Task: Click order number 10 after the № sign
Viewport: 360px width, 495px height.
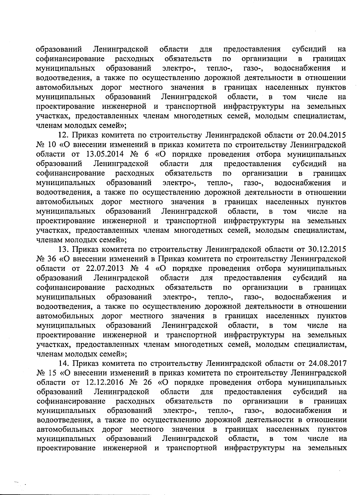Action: click(x=52, y=145)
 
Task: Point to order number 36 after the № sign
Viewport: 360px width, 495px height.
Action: click(x=52, y=259)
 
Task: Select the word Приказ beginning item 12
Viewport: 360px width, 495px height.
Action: click(x=87, y=135)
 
